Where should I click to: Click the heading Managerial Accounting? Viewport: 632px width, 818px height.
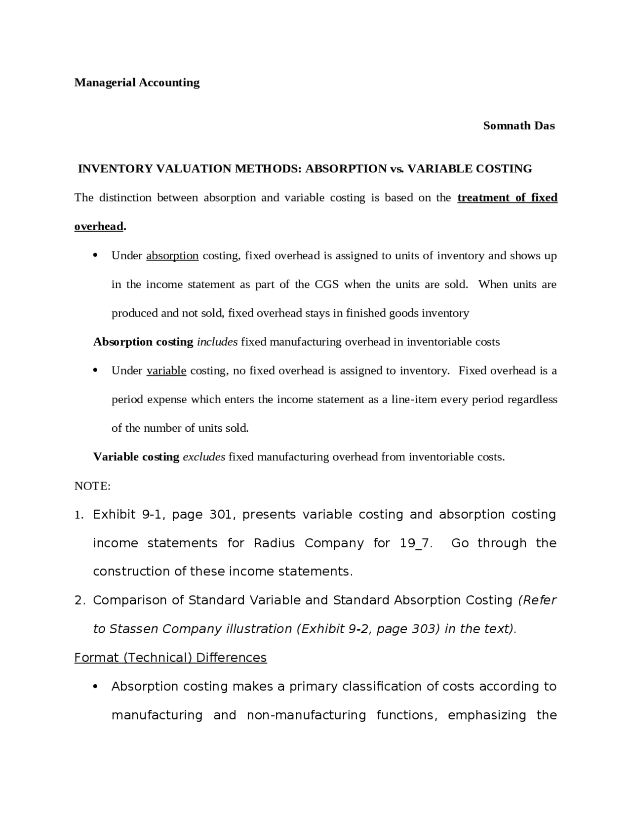pos(137,82)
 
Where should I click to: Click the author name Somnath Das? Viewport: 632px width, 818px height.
pos(518,126)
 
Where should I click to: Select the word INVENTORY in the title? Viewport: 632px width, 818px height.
pos(115,169)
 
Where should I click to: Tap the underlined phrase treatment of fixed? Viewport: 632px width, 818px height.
pos(507,198)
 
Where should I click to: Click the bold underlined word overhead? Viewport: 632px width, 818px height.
pos(98,226)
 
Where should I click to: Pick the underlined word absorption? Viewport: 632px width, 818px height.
pos(172,256)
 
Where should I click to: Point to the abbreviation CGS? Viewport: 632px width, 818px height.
pos(326,285)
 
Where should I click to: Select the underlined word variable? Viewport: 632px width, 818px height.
pos(166,370)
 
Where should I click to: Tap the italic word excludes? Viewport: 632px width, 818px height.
pos(204,457)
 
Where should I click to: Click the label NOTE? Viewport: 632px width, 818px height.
pos(92,486)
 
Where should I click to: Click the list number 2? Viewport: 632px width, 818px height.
pos(79,600)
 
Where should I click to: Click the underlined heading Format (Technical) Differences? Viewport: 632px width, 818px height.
pos(170,657)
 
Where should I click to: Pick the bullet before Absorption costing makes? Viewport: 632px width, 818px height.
pos(96,687)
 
